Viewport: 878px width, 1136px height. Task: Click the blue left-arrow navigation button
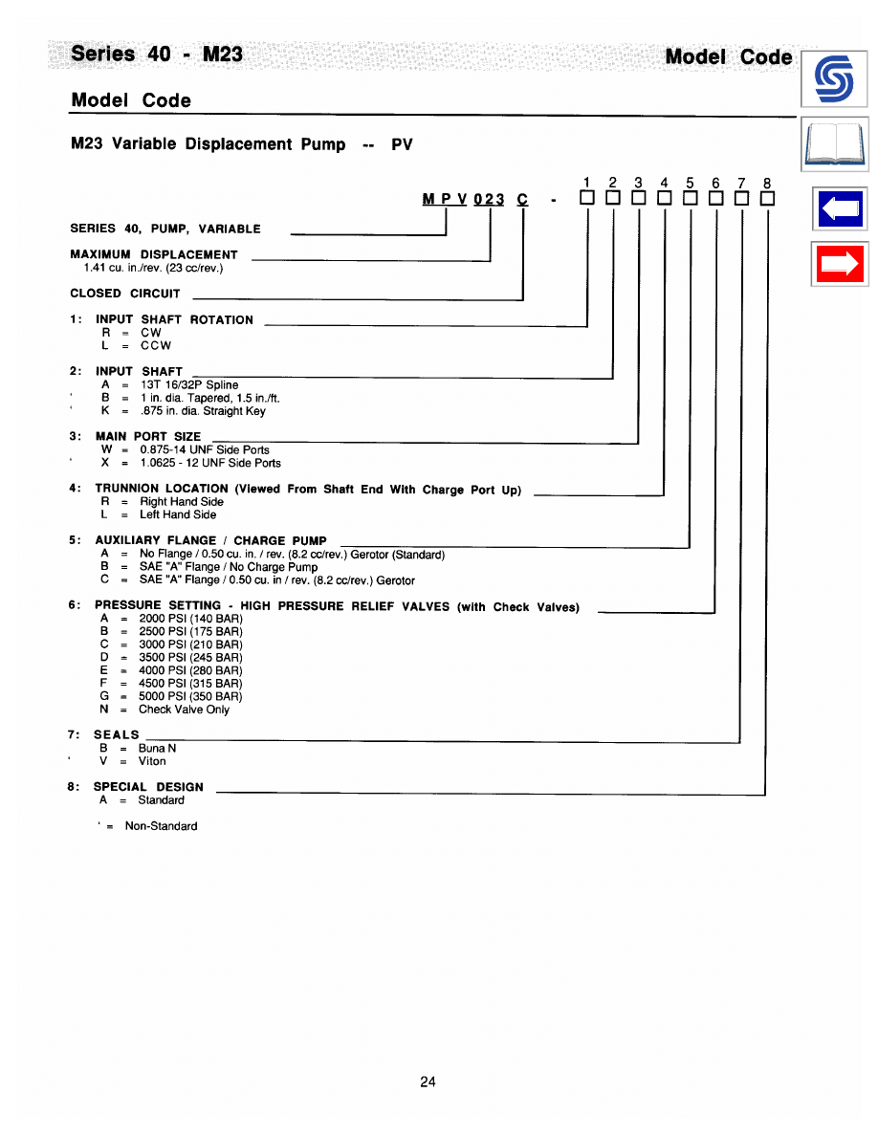[x=839, y=208]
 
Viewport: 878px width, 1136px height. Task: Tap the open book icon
[x=834, y=146]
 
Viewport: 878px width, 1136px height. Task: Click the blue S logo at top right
[x=833, y=79]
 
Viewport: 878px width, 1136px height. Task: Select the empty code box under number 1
[x=586, y=199]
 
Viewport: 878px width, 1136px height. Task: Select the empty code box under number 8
[x=766, y=199]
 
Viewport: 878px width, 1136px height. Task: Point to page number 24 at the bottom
[x=428, y=1081]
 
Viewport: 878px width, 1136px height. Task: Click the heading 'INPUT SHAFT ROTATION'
[x=174, y=319]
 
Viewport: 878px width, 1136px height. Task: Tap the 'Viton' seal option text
[x=152, y=761]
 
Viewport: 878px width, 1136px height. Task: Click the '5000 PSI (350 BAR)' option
[x=190, y=696]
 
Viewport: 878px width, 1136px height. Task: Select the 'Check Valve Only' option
[x=184, y=710]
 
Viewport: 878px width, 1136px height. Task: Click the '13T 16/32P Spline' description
[x=189, y=385]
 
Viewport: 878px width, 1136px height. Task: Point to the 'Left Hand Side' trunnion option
[x=178, y=514]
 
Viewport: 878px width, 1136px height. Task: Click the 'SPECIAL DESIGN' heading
[x=148, y=787]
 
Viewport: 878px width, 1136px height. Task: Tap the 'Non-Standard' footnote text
[x=161, y=826]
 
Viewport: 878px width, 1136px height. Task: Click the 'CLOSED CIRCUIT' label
[x=125, y=294]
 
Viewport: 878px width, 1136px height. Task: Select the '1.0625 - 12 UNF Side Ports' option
[x=210, y=463]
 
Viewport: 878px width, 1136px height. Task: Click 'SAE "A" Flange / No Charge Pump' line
[x=229, y=567]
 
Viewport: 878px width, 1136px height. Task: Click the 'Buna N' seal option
[x=157, y=748]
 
